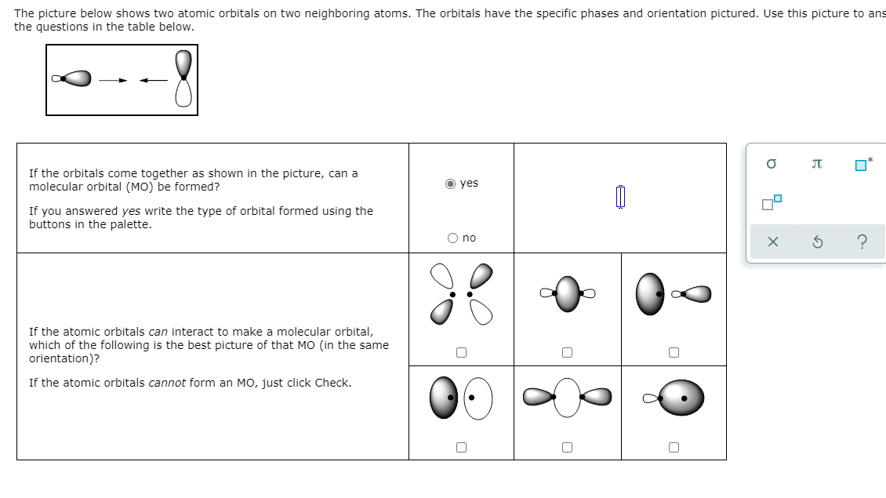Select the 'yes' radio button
coord(451,184)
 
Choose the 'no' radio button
coord(452,238)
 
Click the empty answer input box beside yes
coord(619,197)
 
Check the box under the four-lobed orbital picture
coord(461,353)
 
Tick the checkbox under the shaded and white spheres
coord(461,447)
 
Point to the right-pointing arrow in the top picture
coord(112,79)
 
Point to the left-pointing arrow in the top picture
coord(153,79)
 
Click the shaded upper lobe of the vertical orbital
coord(183,63)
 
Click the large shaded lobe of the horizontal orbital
coord(76,78)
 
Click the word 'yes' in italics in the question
coord(132,211)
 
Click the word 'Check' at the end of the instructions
coord(331,383)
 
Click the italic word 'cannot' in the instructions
coord(166,383)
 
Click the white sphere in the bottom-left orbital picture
coord(479,399)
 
